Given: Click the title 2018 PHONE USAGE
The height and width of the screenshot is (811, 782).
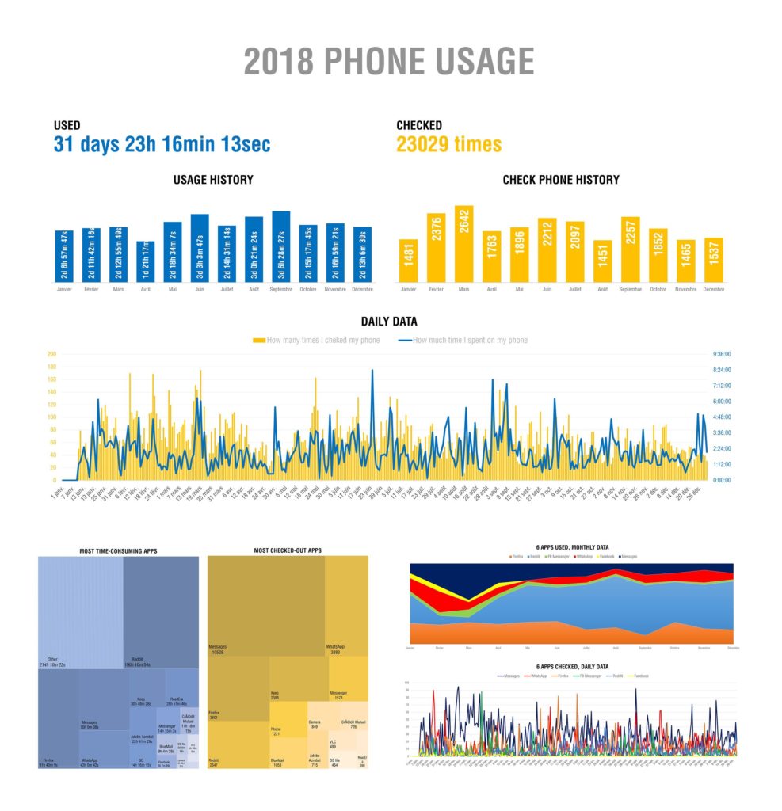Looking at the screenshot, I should click(389, 62).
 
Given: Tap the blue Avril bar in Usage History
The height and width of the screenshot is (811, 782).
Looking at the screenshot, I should click(146, 262).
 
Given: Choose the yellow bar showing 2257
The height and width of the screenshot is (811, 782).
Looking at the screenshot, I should click(630, 249).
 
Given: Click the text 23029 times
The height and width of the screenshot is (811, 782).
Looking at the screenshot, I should click(448, 145).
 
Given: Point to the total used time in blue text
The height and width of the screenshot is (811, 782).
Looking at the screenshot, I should click(162, 145).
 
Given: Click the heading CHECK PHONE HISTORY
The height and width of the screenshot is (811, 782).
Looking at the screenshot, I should click(561, 180).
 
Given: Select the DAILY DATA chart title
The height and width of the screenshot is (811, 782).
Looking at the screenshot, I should click(389, 322).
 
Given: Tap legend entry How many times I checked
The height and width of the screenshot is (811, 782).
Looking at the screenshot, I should click(317, 340).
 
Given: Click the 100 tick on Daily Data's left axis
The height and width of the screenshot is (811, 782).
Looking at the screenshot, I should click(51, 417).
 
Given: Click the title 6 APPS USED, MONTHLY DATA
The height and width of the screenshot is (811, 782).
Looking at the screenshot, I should click(571, 548).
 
